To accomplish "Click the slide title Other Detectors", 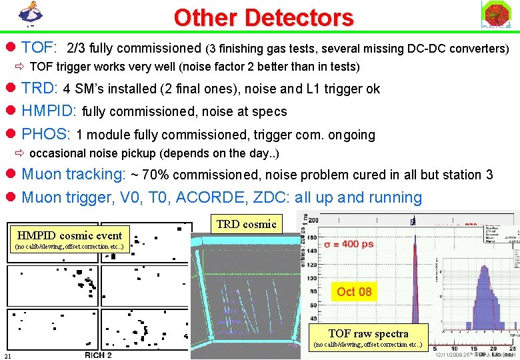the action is pos(263,17).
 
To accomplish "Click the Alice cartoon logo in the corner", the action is pos(28,14).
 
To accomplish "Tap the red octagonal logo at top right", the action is pos(495,15).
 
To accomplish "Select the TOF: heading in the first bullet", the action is pos(39,48).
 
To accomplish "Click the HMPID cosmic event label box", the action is pos(69,235).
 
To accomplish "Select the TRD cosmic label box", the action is pos(246,224).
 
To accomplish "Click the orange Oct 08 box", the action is pos(354,291).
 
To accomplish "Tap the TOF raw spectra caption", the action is pos(368,333).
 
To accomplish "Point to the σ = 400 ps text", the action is pos(349,244).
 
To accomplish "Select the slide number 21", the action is pos(7,355).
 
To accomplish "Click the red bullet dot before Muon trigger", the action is pos(11,198).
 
